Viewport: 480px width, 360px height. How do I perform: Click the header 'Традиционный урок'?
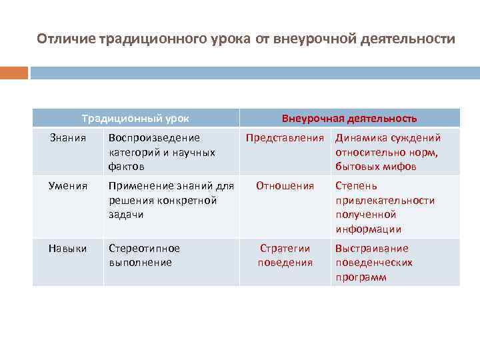point(135,119)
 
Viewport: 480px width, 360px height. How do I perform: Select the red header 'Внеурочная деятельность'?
point(349,119)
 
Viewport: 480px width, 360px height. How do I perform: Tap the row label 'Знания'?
point(68,138)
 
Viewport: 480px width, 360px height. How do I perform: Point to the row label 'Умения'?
point(68,185)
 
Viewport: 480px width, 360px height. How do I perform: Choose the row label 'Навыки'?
point(68,249)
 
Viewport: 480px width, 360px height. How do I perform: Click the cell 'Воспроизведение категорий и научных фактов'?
point(162,152)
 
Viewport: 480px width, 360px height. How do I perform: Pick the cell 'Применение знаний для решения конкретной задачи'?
point(171,200)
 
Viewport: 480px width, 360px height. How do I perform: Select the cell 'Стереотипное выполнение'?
point(144,255)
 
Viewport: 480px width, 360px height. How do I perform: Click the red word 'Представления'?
point(285,138)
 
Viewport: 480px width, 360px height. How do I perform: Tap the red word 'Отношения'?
point(285,185)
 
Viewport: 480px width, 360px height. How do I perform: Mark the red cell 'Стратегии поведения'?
point(285,255)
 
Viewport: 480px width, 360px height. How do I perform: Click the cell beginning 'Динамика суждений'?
point(387,152)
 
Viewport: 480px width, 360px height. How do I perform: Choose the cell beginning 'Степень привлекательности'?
point(385,207)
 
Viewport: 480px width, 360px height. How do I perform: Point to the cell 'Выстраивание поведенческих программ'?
point(373,263)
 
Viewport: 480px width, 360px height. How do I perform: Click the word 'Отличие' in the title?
point(65,39)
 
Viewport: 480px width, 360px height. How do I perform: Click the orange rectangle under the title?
point(13,73)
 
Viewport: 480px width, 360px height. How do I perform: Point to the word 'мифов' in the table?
point(400,167)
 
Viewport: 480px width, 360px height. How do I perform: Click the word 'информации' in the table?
point(368,229)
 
